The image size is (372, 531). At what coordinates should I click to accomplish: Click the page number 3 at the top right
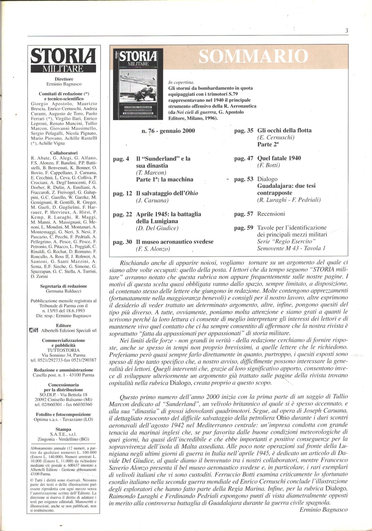click(x=347, y=31)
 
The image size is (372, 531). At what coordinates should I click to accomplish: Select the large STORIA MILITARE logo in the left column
click(x=64, y=60)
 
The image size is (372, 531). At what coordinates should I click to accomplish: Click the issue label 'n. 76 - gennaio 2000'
click(x=168, y=131)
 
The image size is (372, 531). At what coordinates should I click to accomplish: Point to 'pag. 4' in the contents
click(x=121, y=159)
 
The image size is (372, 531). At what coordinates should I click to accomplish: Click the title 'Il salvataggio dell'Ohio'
click(x=167, y=193)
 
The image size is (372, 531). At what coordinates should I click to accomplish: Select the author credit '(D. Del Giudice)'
click(x=157, y=228)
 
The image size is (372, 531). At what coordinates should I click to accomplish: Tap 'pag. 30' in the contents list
click(x=122, y=242)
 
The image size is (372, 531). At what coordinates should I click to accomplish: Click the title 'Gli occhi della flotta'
click(x=284, y=131)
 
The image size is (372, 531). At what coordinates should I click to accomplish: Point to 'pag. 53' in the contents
click(x=244, y=179)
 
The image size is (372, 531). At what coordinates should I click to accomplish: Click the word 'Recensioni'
click(x=271, y=214)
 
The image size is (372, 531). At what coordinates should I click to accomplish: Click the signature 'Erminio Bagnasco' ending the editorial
click(x=323, y=510)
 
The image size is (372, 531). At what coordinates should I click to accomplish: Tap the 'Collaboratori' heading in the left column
click(x=64, y=153)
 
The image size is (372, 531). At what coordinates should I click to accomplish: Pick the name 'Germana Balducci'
click(x=64, y=291)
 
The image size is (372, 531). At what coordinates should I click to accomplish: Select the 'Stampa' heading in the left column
click(x=64, y=430)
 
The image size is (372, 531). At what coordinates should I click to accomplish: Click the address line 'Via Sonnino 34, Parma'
click(x=64, y=355)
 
